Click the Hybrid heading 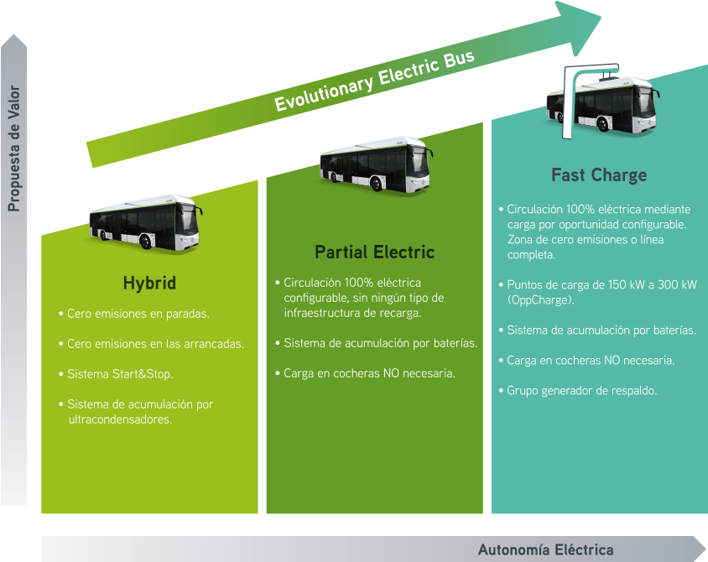click(149, 284)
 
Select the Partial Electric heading click(374, 252)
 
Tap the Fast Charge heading click(599, 175)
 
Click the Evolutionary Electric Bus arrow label click(374, 81)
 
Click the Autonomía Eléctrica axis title click(545, 550)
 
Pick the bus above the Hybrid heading click(146, 222)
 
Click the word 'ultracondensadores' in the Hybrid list click(120, 419)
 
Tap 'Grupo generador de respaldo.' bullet click(581, 391)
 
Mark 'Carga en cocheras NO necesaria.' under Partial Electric click(369, 373)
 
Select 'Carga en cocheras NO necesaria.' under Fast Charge click(591, 361)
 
